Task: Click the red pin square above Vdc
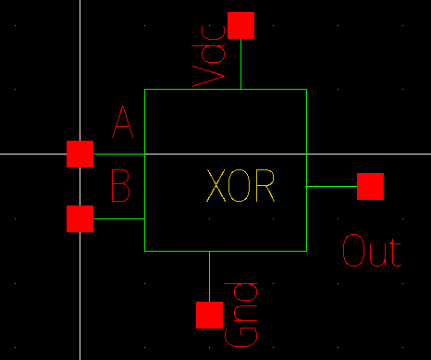(x=240, y=25)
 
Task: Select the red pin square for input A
(x=80, y=154)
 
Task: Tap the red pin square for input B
(x=80, y=219)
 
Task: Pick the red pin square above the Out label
(x=370, y=186)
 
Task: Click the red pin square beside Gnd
(x=209, y=315)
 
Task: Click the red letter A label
(x=122, y=123)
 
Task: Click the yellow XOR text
(x=240, y=189)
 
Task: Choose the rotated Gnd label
(x=242, y=316)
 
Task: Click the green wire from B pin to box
(x=119, y=219)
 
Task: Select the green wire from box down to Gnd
(x=209, y=276)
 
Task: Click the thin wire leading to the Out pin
(x=331, y=186)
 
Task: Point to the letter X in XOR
(x=217, y=189)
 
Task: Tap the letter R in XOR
(x=265, y=189)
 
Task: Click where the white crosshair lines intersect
(x=80, y=154)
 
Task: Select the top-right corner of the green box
(x=305, y=89)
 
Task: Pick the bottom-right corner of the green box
(x=305, y=251)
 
